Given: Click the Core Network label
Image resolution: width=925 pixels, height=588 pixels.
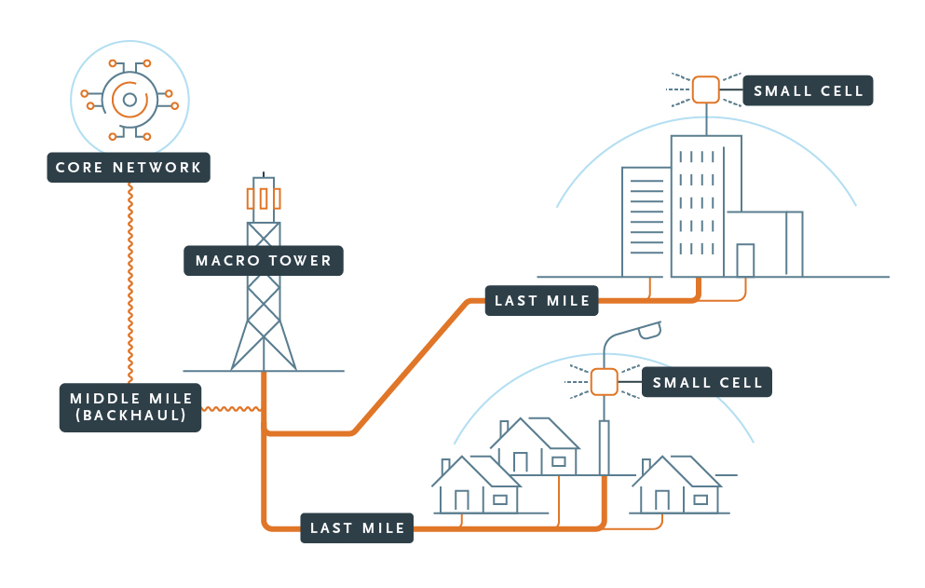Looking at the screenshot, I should [129, 168].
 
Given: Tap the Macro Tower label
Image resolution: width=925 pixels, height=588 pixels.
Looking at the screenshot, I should [264, 260].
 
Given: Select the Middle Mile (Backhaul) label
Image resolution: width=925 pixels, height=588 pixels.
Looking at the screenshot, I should [130, 407].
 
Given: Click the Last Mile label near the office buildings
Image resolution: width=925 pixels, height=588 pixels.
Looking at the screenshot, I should [542, 300].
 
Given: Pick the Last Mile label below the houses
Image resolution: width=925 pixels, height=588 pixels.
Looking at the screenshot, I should [357, 527].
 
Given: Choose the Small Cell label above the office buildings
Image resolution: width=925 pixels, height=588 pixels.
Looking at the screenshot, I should [808, 90].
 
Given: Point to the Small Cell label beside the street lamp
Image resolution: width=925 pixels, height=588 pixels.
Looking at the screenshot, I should [707, 382].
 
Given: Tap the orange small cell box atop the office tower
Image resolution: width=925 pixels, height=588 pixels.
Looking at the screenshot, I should [705, 89].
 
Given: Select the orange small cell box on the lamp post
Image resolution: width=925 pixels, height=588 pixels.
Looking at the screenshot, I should [604, 382].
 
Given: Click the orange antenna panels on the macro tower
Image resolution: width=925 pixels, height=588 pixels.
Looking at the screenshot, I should [264, 198].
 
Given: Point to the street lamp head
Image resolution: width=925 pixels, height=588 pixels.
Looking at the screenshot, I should [646, 329].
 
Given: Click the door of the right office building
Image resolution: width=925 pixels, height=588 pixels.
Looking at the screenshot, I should [744, 260].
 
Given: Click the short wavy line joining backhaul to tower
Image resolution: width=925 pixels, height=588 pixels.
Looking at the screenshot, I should [232, 408].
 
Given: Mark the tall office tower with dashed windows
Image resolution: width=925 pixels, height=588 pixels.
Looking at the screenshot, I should [705, 205].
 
